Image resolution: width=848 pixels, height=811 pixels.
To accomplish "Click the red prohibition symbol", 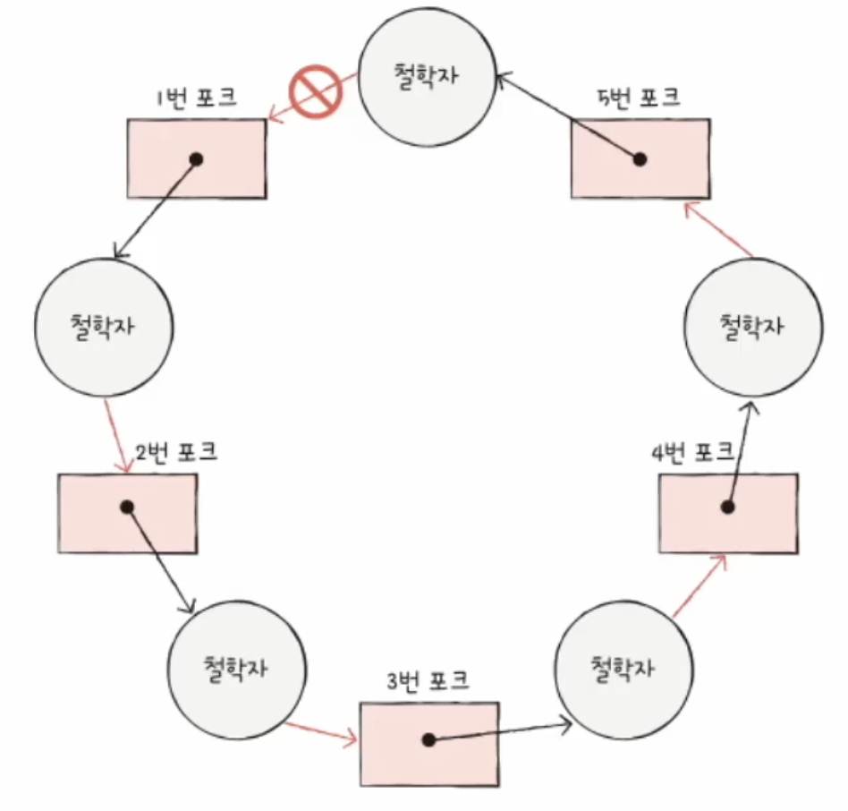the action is point(316,91).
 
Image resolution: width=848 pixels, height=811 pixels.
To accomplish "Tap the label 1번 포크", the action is point(197,98).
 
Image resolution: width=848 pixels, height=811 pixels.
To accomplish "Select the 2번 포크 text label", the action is point(175,452).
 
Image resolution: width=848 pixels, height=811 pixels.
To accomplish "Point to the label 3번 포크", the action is point(428,680).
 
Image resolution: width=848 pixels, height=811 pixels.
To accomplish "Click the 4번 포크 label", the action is point(692,452).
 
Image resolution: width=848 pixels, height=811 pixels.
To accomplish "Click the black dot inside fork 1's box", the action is point(197,159).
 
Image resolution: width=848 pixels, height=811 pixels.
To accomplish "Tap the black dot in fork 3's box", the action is point(428,740).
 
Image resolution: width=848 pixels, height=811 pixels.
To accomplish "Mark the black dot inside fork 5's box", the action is point(640,159).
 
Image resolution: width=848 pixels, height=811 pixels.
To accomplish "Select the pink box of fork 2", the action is point(128,514).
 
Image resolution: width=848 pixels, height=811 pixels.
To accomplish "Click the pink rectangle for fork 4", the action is point(728,514).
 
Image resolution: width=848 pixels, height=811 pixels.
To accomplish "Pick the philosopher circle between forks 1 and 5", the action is point(428,77).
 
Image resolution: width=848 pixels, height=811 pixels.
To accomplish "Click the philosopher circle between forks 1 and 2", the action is point(104,328).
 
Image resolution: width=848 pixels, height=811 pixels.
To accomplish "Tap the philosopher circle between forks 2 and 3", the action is point(236,670).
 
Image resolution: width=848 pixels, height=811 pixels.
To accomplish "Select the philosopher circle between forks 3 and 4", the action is point(623,670).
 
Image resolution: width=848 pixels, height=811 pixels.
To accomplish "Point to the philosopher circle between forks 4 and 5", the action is point(753,328).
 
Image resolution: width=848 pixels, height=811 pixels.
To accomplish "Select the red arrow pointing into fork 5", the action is point(718,229).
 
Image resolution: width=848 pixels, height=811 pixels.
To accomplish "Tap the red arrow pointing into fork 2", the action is point(117,436).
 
